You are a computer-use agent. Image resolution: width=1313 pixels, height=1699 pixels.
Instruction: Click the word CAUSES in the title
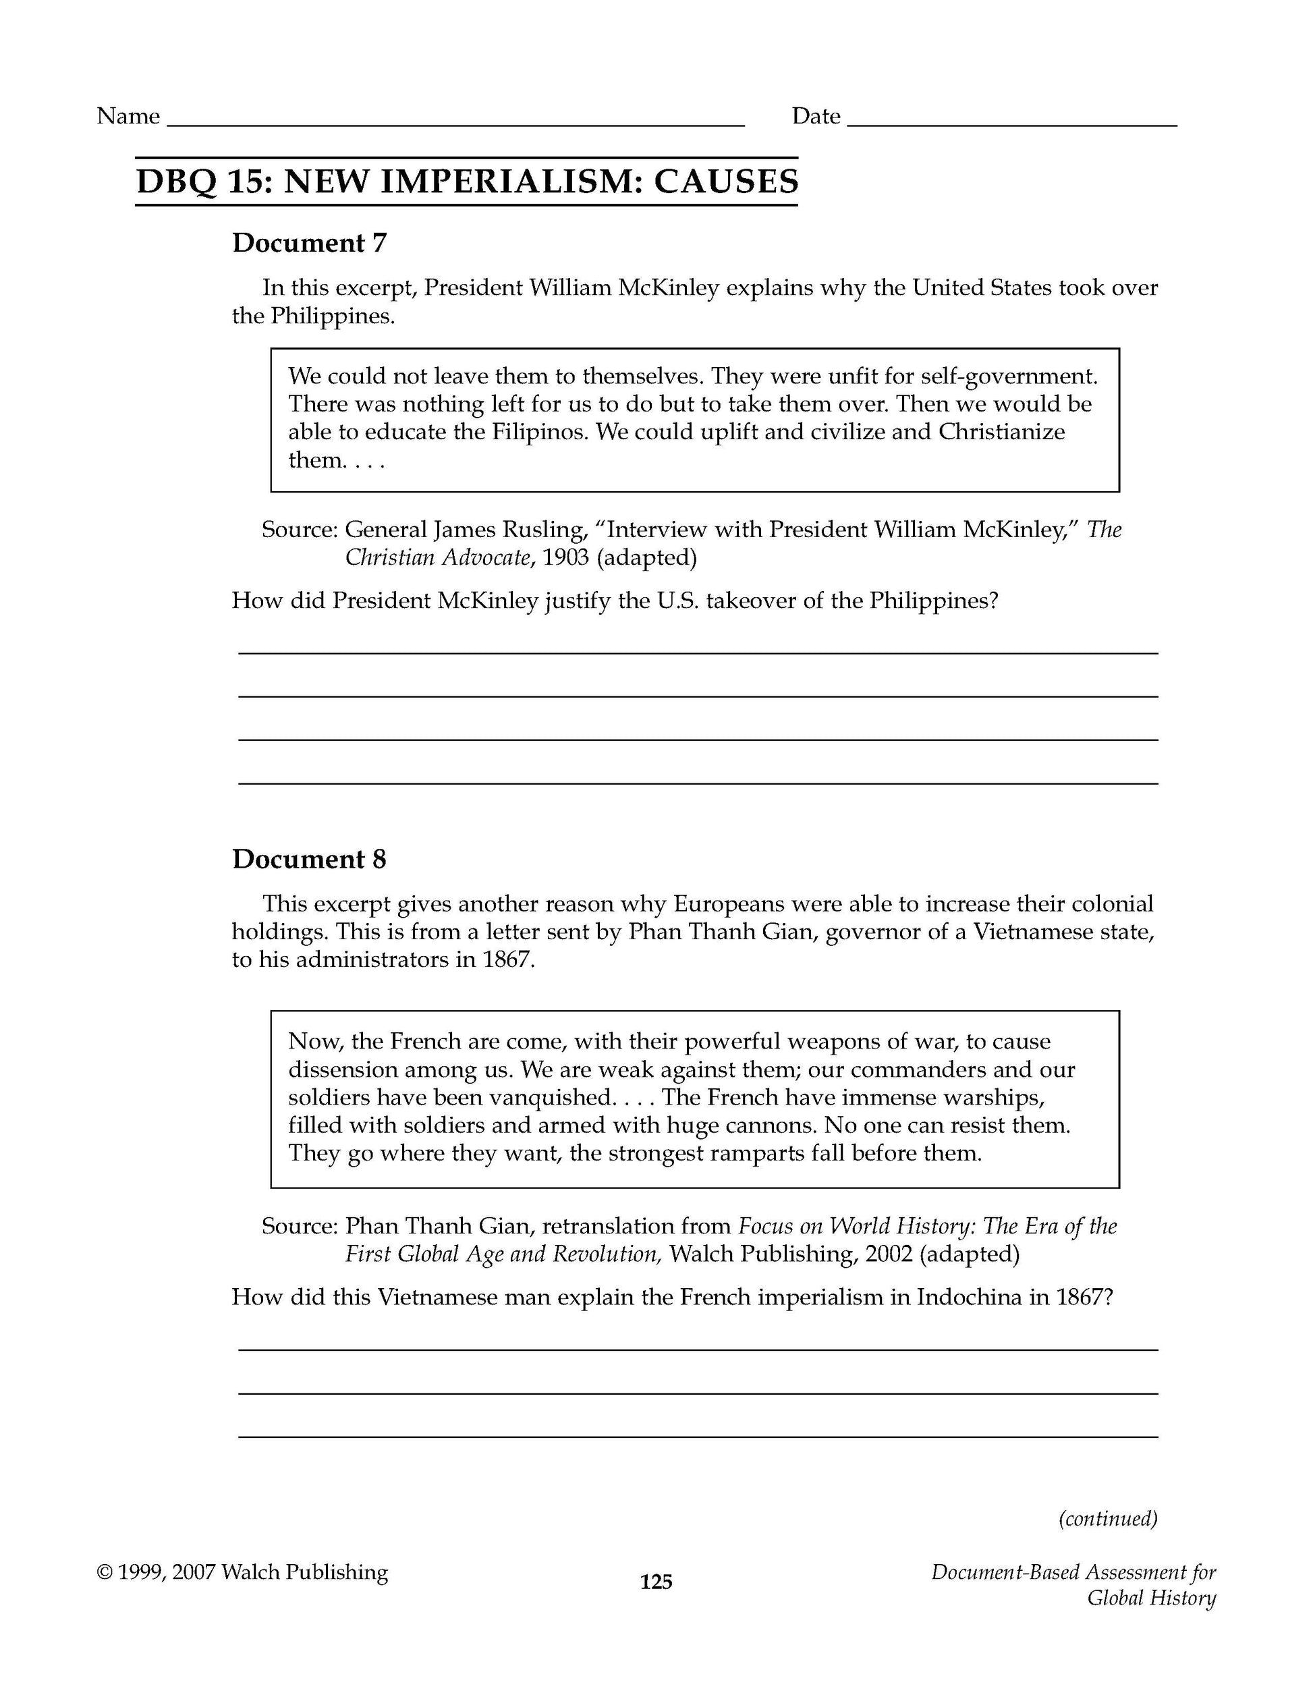point(726,182)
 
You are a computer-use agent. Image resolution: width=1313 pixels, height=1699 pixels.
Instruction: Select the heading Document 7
point(309,243)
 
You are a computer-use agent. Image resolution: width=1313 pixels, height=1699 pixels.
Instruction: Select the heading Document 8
point(309,859)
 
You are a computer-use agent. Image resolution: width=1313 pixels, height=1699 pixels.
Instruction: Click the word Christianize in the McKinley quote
point(1001,432)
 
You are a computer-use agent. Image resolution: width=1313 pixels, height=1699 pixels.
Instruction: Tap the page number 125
point(656,1582)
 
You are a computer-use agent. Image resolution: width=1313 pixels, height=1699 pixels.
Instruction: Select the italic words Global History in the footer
point(1150,1598)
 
